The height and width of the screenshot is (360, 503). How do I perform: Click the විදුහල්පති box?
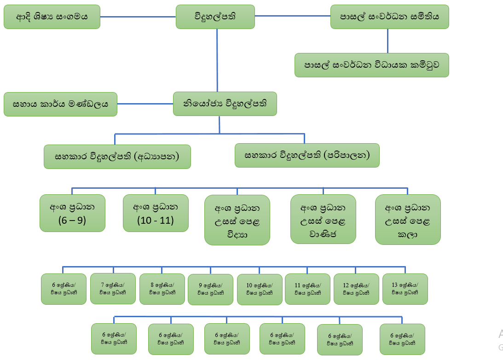(215, 17)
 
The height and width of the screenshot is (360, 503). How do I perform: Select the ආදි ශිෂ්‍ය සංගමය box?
(52, 17)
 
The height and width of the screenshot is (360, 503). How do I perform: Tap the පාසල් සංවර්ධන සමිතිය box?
(389, 17)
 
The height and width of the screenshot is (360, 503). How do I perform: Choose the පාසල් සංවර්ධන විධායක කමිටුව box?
(371, 65)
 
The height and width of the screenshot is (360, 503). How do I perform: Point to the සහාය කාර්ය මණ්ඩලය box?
(60, 104)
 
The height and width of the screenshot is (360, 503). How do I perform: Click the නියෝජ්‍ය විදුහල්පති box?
(225, 104)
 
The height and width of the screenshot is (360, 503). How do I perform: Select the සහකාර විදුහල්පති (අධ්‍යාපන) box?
(117, 157)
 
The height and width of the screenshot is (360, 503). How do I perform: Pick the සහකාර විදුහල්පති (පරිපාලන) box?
(307, 155)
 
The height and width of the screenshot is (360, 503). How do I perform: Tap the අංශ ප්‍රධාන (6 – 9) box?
(72, 213)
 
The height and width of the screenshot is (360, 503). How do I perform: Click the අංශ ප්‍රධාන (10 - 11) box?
(156, 213)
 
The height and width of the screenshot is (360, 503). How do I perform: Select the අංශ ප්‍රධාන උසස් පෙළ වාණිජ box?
(323, 219)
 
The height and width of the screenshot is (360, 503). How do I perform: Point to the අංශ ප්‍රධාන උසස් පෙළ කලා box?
(408, 219)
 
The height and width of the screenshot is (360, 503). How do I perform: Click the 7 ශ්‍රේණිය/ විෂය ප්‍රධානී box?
(113, 289)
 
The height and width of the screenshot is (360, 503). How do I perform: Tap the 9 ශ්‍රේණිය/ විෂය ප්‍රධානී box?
(210, 290)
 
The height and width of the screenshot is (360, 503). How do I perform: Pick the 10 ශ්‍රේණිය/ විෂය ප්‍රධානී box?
(260, 290)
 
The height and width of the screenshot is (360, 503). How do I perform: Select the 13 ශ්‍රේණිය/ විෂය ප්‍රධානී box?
(405, 289)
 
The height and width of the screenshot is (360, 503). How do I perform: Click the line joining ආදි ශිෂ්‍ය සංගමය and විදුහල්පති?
(138, 17)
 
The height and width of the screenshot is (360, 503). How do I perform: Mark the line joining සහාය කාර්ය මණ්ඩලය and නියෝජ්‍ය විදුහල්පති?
(145, 104)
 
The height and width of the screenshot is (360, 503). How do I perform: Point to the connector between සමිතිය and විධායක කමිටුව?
(387, 41)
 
